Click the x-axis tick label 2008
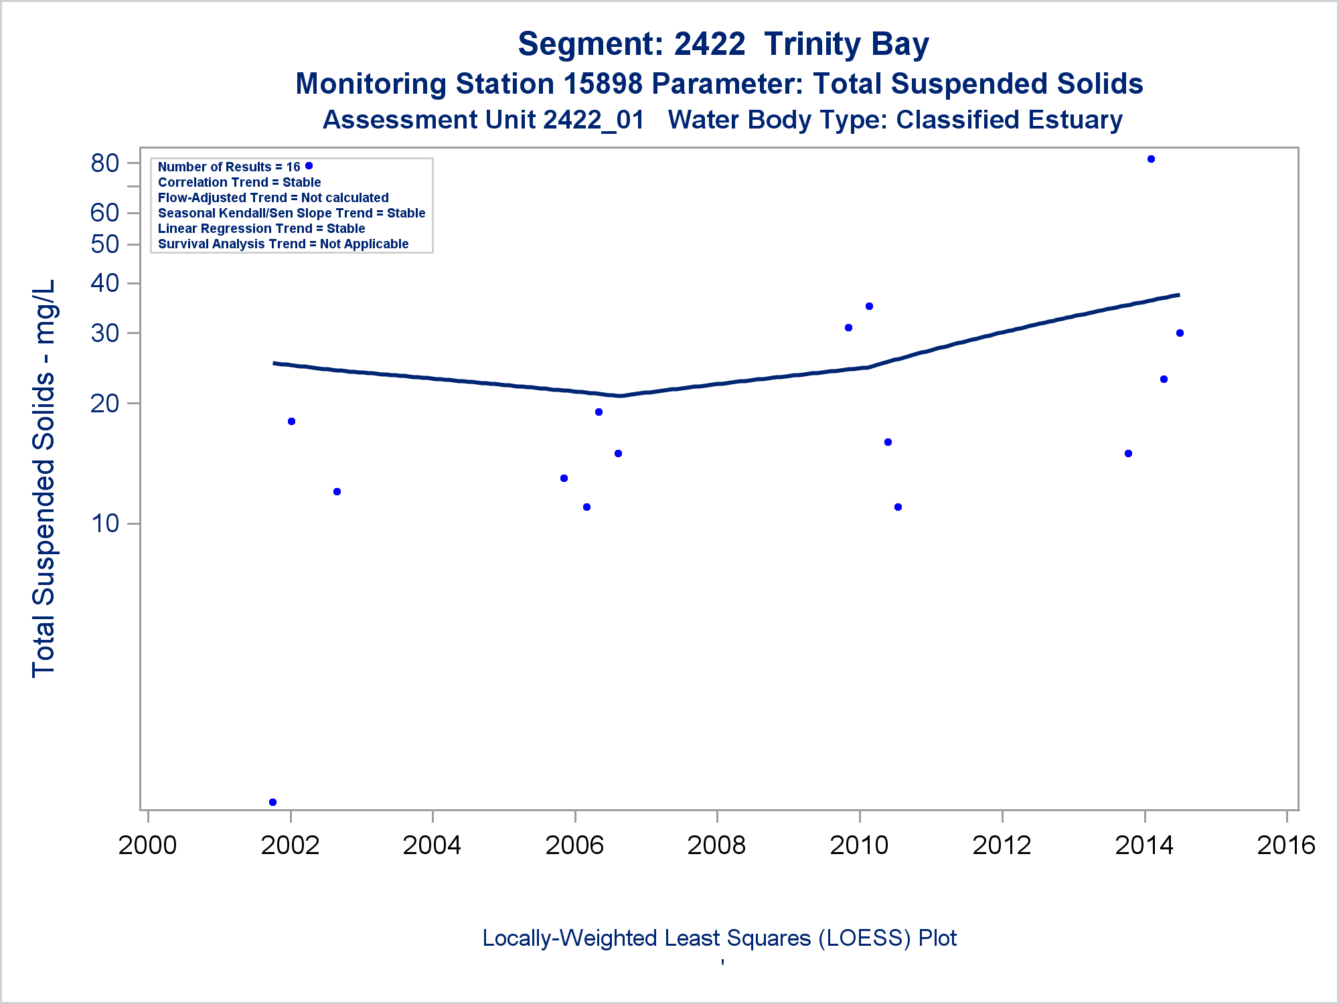point(716,845)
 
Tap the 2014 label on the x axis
point(1144,845)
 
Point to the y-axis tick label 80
point(105,163)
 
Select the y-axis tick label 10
point(105,523)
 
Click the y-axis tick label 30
point(105,333)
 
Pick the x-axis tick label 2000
point(147,845)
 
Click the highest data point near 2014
point(1151,159)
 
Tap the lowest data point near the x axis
point(272,802)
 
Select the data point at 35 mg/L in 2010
point(869,307)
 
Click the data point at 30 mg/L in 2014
point(1180,333)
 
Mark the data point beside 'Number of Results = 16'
point(309,166)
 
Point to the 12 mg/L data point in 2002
point(337,492)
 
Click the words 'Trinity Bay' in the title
point(846,45)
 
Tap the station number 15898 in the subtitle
point(603,84)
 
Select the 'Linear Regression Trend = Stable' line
point(261,229)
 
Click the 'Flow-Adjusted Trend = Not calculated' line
point(273,198)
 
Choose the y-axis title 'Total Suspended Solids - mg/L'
point(44,479)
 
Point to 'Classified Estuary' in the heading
point(1009,120)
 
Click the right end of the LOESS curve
point(1178,295)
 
